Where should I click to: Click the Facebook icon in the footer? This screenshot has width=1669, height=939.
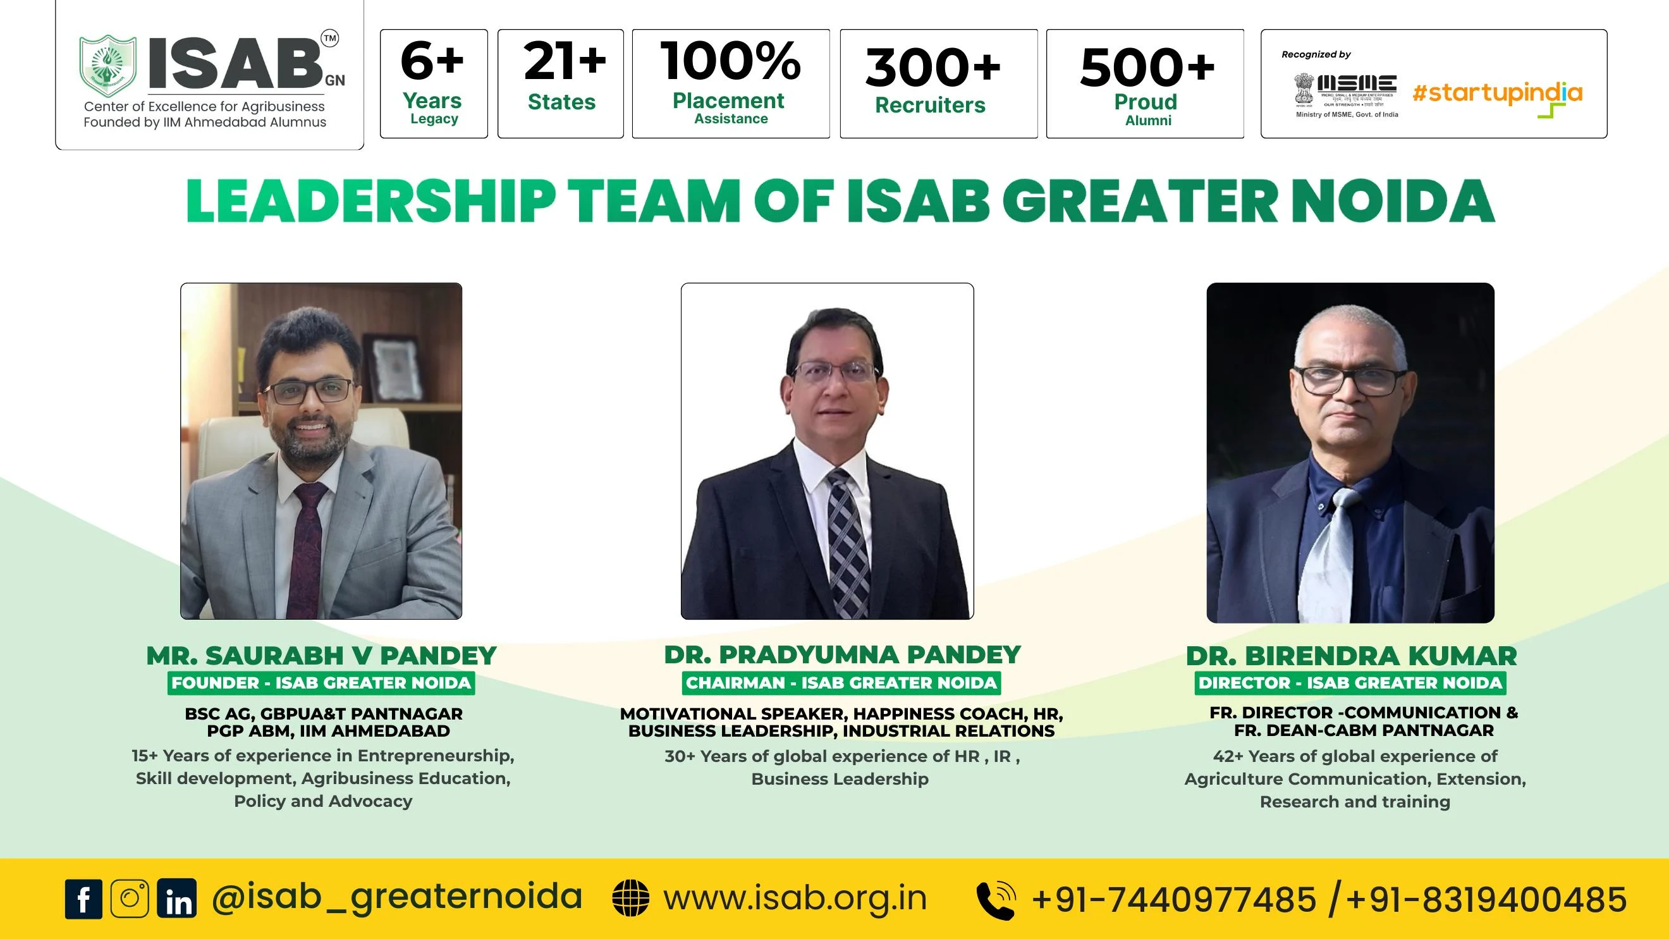[x=83, y=899]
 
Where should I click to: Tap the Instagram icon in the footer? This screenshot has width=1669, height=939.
[x=130, y=899]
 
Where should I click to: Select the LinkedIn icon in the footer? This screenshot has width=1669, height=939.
[x=177, y=899]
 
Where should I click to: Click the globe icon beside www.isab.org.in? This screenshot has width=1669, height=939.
[x=630, y=899]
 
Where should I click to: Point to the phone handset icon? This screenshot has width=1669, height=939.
[x=996, y=900]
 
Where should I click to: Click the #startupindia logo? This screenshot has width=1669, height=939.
[x=1497, y=97]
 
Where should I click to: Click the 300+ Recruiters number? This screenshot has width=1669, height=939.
[x=933, y=68]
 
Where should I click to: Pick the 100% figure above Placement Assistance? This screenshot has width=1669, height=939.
[x=731, y=61]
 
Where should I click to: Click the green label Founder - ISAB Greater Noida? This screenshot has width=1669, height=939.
[x=321, y=683]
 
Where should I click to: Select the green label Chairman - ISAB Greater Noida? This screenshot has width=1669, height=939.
[x=841, y=683]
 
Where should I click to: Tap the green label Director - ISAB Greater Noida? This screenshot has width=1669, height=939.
[x=1350, y=683]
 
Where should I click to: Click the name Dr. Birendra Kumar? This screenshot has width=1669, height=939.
[x=1352, y=656]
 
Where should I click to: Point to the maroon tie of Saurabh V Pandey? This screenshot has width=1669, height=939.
[x=310, y=551]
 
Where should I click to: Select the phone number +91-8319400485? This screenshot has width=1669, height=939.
[x=1486, y=900]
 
